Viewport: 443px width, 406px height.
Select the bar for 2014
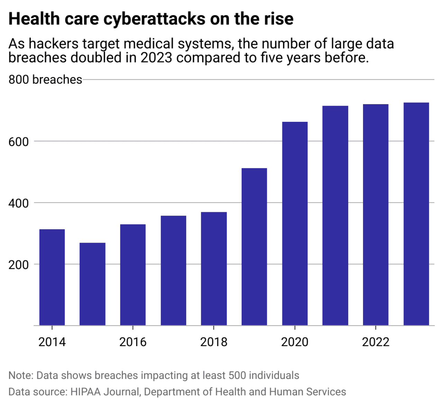pyautogui.click(x=52, y=277)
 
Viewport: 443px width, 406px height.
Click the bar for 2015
pyautogui.click(x=92, y=284)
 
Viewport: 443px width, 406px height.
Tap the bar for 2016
pyautogui.click(x=133, y=275)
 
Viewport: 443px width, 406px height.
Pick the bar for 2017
pyautogui.click(x=173, y=270)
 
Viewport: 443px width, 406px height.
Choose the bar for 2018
pyautogui.click(x=214, y=269)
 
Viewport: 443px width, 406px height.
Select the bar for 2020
pyautogui.click(x=295, y=224)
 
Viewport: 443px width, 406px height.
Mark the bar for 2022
pyautogui.click(x=376, y=215)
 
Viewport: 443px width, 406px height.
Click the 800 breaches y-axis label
pyautogui.click(x=45, y=80)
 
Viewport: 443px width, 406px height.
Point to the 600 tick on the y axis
pyautogui.click(x=18, y=142)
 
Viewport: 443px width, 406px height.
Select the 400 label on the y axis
pyautogui.click(x=18, y=203)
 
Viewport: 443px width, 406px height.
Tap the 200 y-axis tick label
pyautogui.click(x=18, y=265)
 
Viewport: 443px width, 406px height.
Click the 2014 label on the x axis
pyautogui.click(x=52, y=342)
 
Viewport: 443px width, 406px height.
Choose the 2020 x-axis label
pyautogui.click(x=295, y=342)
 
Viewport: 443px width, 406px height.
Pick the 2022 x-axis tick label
pyautogui.click(x=376, y=342)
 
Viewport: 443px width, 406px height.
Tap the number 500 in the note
pyautogui.click(x=237, y=376)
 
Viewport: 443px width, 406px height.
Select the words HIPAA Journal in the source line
pyautogui.click(x=105, y=392)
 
